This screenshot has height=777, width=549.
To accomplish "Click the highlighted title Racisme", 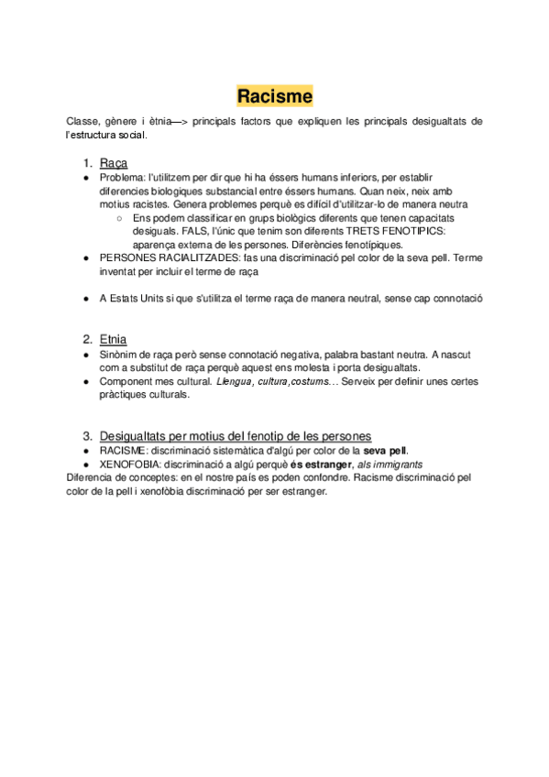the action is [x=275, y=95].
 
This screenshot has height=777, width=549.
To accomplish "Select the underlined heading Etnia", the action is [x=114, y=338].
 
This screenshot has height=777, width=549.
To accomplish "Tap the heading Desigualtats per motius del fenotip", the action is [x=236, y=435].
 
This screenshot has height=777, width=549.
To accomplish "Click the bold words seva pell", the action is [x=385, y=450].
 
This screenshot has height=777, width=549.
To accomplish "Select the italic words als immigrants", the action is [x=390, y=465].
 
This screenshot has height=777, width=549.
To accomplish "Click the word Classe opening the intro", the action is [x=83, y=121].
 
